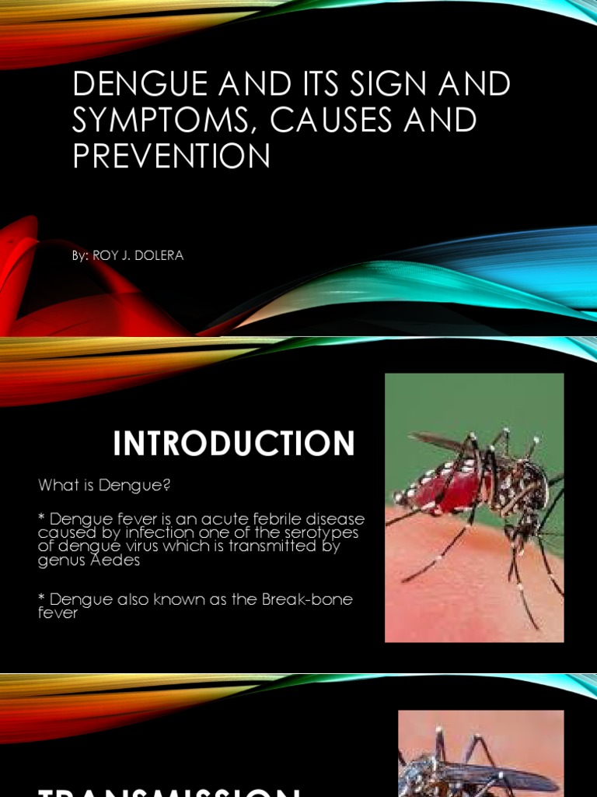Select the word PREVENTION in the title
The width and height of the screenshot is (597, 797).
click(172, 156)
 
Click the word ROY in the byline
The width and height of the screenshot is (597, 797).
click(104, 255)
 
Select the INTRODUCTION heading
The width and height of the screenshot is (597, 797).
click(234, 444)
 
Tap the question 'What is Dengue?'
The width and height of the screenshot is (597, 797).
click(104, 486)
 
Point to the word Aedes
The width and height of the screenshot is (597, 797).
click(116, 559)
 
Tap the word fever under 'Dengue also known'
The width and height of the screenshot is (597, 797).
click(58, 613)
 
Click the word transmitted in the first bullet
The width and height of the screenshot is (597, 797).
click(288, 546)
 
